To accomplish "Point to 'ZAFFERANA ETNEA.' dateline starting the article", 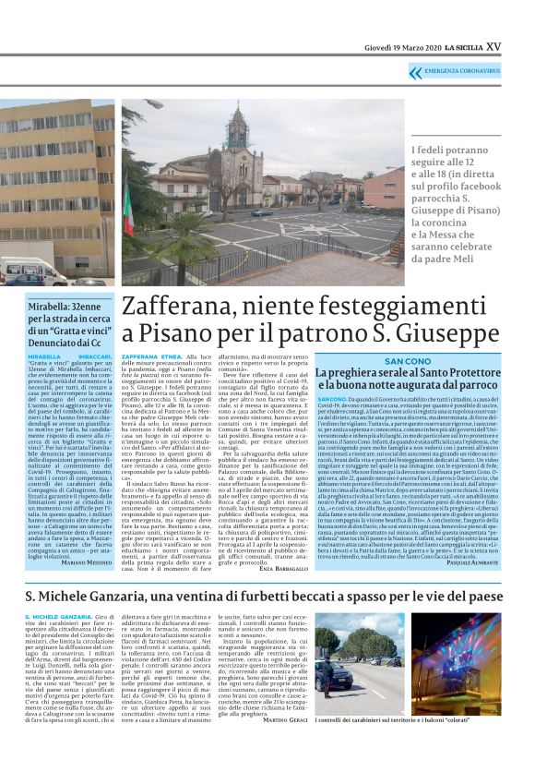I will (151, 355).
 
